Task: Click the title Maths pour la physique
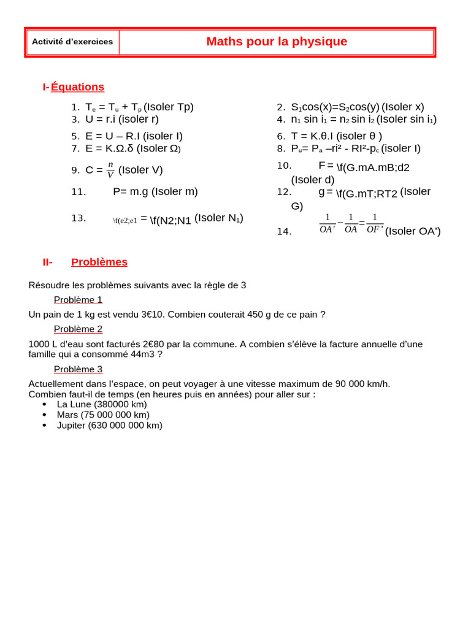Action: pyautogui.click(x=277, y=42)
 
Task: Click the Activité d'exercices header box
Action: pyautogui.click(x=72, y=42)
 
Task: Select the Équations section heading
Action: pyautogui.click(x=77, y=87)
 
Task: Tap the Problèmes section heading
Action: pyautogui.click(x=99, y=262)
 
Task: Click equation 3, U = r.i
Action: pyautogui.click(x=122, y=120)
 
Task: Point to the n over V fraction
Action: pyautogui.click(x=110, y=170)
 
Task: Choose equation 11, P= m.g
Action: pyautogui.click(x=155, y=191)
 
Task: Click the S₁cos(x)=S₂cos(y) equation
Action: pyautogui.click(x=335, y=107)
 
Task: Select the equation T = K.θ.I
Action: pyautogui.click(x=336, y=136)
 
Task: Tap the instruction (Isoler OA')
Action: pyautogui.click(x=413, y=231)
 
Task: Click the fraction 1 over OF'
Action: pyautogui.click(x=375, y=224)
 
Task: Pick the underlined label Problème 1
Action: pyautogui.click(x=78, y=300)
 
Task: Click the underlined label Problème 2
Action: pyautogui.click(x=78, y=329)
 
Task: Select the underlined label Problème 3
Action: pyautogui.click(x=78, y=369)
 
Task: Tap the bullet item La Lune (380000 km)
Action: pyautogui.click(x=102, y=405)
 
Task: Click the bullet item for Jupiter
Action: pyautogui.click(x=109, y=426)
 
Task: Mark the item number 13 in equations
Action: pyautogui.click(x=78, y=218)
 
